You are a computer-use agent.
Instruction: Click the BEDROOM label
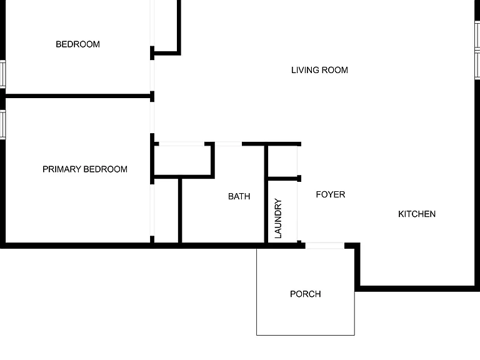click(77, 44)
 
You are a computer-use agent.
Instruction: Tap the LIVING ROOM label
click(319, 70)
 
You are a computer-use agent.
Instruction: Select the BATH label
click(239, 196)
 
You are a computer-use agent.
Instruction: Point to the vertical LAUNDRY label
click(278, 218)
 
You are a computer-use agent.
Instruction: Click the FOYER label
click(331, 194)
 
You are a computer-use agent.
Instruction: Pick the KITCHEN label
click(417, 214)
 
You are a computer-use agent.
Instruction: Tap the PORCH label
click(306, 294)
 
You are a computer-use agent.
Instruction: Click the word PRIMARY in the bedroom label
click(62, 169)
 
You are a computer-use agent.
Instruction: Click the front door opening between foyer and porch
click(325, 246)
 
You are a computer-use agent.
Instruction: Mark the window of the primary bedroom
click(2, 124)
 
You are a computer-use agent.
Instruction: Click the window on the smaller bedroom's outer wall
click(2, 74)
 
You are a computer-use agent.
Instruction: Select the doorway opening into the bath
click(228, 144)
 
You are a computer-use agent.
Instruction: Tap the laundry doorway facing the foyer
click(297, 211)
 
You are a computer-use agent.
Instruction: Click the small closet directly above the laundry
click(282, 161)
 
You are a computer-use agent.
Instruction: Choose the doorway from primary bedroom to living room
click(152, 117)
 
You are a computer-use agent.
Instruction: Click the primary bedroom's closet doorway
click(152, 210)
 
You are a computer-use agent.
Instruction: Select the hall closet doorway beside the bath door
click(181, 144)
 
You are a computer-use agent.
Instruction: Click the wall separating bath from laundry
click(266, 194)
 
